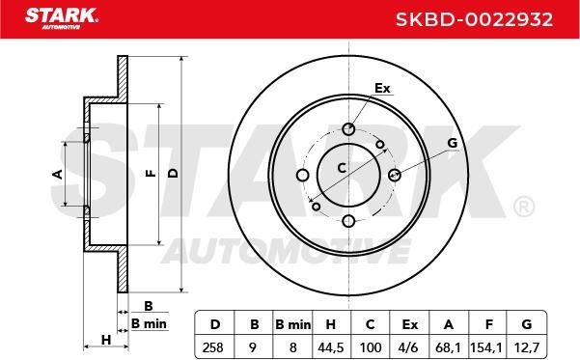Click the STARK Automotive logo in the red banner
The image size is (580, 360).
click(62, 18)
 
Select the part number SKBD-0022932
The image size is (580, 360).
click(474, 19)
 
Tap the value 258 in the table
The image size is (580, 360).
click(213, 347)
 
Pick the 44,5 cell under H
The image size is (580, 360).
click(331, 347)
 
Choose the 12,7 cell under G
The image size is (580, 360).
click(526, 347)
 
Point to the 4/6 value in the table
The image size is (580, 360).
click(409, 347)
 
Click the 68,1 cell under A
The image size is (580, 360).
click(449, 347)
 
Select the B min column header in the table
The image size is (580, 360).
click(293, 324)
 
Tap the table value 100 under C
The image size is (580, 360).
click(371, 347)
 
